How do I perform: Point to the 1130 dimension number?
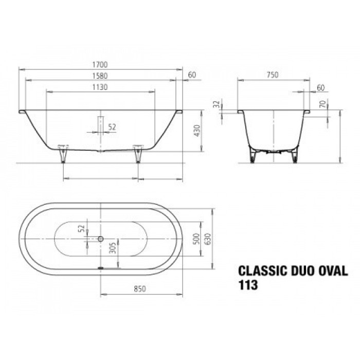[100, 87]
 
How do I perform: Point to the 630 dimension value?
[208, 239]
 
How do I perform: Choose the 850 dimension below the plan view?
[133, 290]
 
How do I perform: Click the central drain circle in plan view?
[101, 239]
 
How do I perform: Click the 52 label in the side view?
[112, 126]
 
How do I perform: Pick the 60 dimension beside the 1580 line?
[192, 75]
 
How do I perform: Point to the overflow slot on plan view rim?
[101, 267]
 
